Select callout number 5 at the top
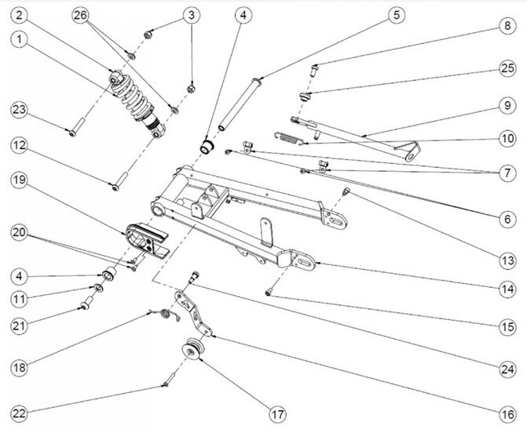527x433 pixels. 396,15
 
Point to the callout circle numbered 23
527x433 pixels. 18,111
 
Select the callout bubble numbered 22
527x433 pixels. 18,413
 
